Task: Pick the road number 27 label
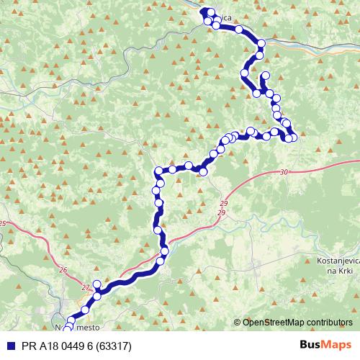[x=86, y=288]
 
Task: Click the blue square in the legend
[x=8, y=344]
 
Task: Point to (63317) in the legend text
[x=112, y=344]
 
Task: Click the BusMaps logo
[x=326, y=344]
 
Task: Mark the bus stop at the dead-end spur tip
[x=266, y=76]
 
